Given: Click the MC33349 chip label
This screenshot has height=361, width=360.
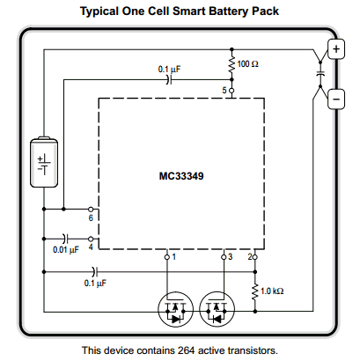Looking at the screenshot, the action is [181, 176].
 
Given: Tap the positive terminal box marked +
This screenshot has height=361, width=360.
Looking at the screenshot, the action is [336, 48].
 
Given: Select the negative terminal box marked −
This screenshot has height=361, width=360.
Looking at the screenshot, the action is [336, 99].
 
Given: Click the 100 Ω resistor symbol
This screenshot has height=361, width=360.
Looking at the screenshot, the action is [231, 64].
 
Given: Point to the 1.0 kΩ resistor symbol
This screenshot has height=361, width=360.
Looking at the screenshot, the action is [255, 291].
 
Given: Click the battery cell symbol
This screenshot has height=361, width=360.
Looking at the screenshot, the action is [44, 162].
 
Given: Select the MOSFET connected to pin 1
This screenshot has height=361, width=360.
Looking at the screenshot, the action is [175, 309].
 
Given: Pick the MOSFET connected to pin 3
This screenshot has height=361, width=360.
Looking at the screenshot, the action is [217, 309].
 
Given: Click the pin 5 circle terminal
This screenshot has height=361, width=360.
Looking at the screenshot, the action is [231, 91].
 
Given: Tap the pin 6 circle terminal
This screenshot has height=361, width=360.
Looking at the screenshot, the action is [91, 210].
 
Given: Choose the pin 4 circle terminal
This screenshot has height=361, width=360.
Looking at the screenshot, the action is [91, 239].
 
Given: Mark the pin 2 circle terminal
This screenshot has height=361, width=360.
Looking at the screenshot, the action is [255, 257].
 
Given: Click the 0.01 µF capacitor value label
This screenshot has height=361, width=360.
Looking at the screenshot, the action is [66, 250].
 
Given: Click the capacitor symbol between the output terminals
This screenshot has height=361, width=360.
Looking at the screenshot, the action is [320, 74].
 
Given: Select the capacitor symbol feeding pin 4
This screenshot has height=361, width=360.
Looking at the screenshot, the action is [65, 239].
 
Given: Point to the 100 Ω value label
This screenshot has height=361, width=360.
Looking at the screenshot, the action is [248, 64].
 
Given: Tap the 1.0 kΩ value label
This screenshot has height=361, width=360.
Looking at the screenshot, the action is [272, 291].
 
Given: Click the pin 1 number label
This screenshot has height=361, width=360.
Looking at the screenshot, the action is [174, 257].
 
